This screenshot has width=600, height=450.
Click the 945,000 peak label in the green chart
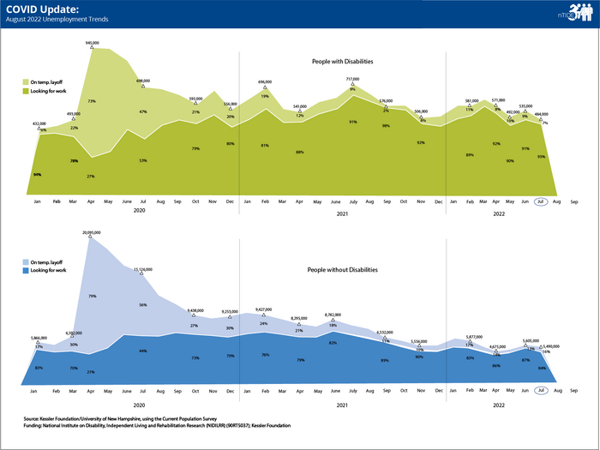92,42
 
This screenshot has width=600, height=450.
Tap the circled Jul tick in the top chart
541,202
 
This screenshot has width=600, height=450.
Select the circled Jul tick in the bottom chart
541,390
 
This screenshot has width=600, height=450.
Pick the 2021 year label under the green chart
341,213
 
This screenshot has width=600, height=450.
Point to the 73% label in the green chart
91,101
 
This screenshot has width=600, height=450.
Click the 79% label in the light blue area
92,297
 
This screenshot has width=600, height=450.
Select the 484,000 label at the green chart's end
542,114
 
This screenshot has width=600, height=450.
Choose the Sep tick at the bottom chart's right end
573,390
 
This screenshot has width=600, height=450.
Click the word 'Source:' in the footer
35,419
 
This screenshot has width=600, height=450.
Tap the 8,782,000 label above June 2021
333,315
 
